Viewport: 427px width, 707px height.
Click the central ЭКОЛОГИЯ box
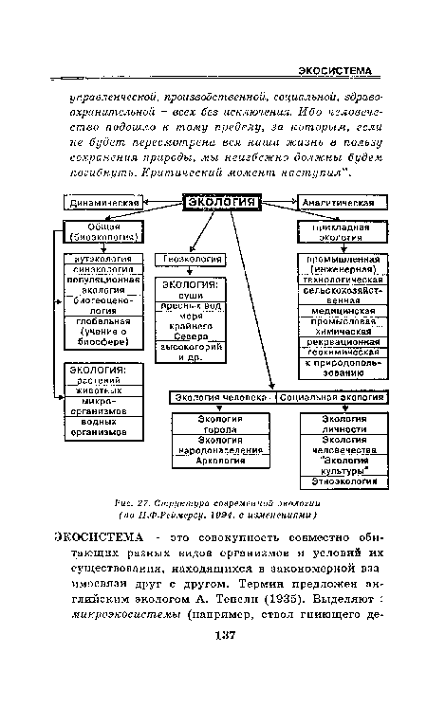pyautogui.click(x=221, y=202)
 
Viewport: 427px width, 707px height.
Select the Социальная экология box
pyautogui.click(x=334, y=396)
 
